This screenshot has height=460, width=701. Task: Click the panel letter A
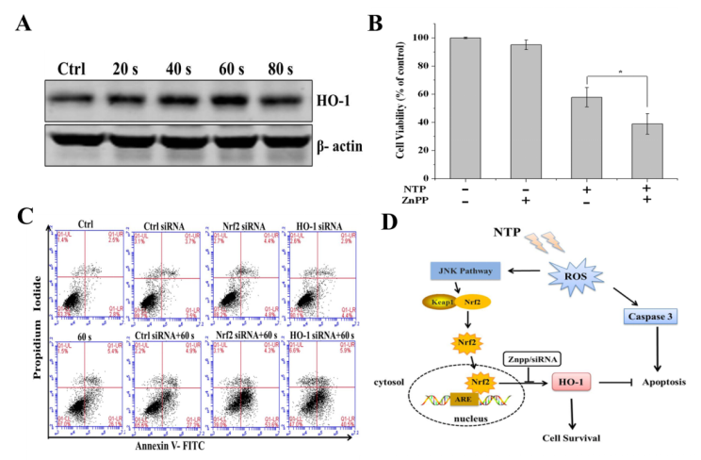tap(27, 23)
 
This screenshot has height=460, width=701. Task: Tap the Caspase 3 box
tap(650, 316)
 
